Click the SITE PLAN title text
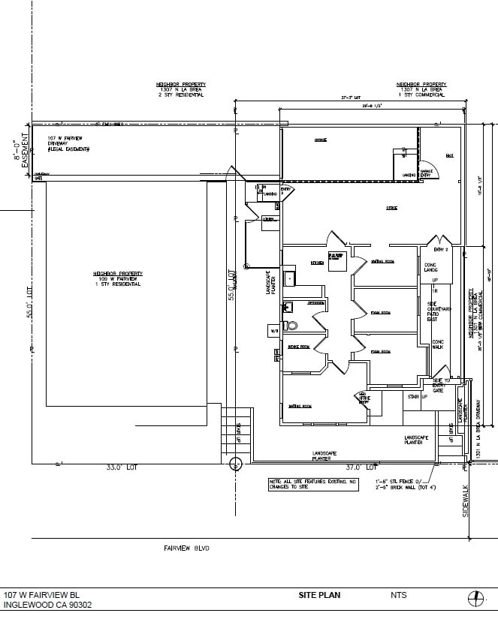tap(319, 595)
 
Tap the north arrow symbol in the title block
tap(475, 598)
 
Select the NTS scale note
tap(398, 595)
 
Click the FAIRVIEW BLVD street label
tap(186, 548)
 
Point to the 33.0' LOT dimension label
tap(122, 467)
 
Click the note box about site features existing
tap(312, 484)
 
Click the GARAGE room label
tap(320, 140)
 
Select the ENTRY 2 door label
tap(441, 248)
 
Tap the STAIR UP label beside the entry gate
tap(417, 396)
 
